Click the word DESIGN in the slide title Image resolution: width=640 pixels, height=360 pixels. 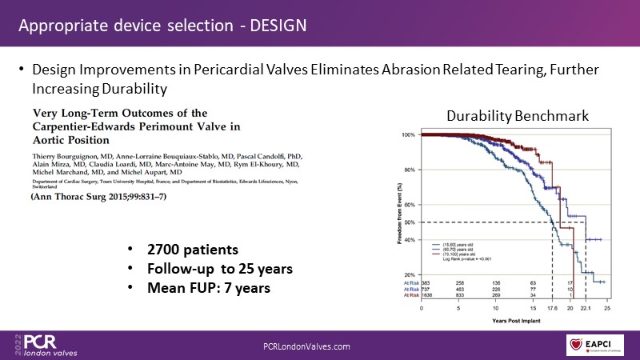tap(278, 24)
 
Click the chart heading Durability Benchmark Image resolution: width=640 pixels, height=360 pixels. tap(518, 116)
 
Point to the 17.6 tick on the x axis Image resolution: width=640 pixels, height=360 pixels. tap(552, 307)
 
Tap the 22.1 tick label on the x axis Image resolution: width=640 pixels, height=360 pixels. tap(586, 307)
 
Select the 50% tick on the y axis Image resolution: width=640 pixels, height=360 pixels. tap(409, 222)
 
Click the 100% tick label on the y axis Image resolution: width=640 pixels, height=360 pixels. tap(408, 134)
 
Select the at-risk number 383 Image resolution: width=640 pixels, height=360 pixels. tap(426, 282)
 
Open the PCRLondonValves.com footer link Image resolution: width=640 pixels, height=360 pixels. tap(306, 345)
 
